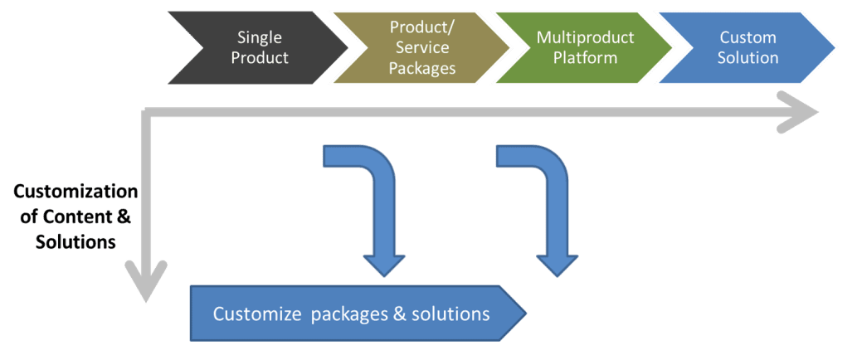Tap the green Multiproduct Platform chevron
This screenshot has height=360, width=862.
[584, 48]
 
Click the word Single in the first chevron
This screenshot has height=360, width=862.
[260, 38]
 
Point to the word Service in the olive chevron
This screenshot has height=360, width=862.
[423, 48]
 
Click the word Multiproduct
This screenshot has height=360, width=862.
[586, 38]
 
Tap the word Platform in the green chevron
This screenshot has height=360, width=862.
[586, 58]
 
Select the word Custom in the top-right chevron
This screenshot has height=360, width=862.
[748, 38]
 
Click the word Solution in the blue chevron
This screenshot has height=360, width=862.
[748, 58]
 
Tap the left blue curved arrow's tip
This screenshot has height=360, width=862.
[384, 275]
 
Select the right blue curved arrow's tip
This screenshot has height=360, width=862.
[557, 275]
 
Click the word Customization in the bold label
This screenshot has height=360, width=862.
[75, 192]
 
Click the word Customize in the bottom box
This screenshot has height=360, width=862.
[256, 314]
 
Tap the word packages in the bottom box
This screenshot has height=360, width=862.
[349, 315]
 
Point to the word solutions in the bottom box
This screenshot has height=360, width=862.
[449, 314]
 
